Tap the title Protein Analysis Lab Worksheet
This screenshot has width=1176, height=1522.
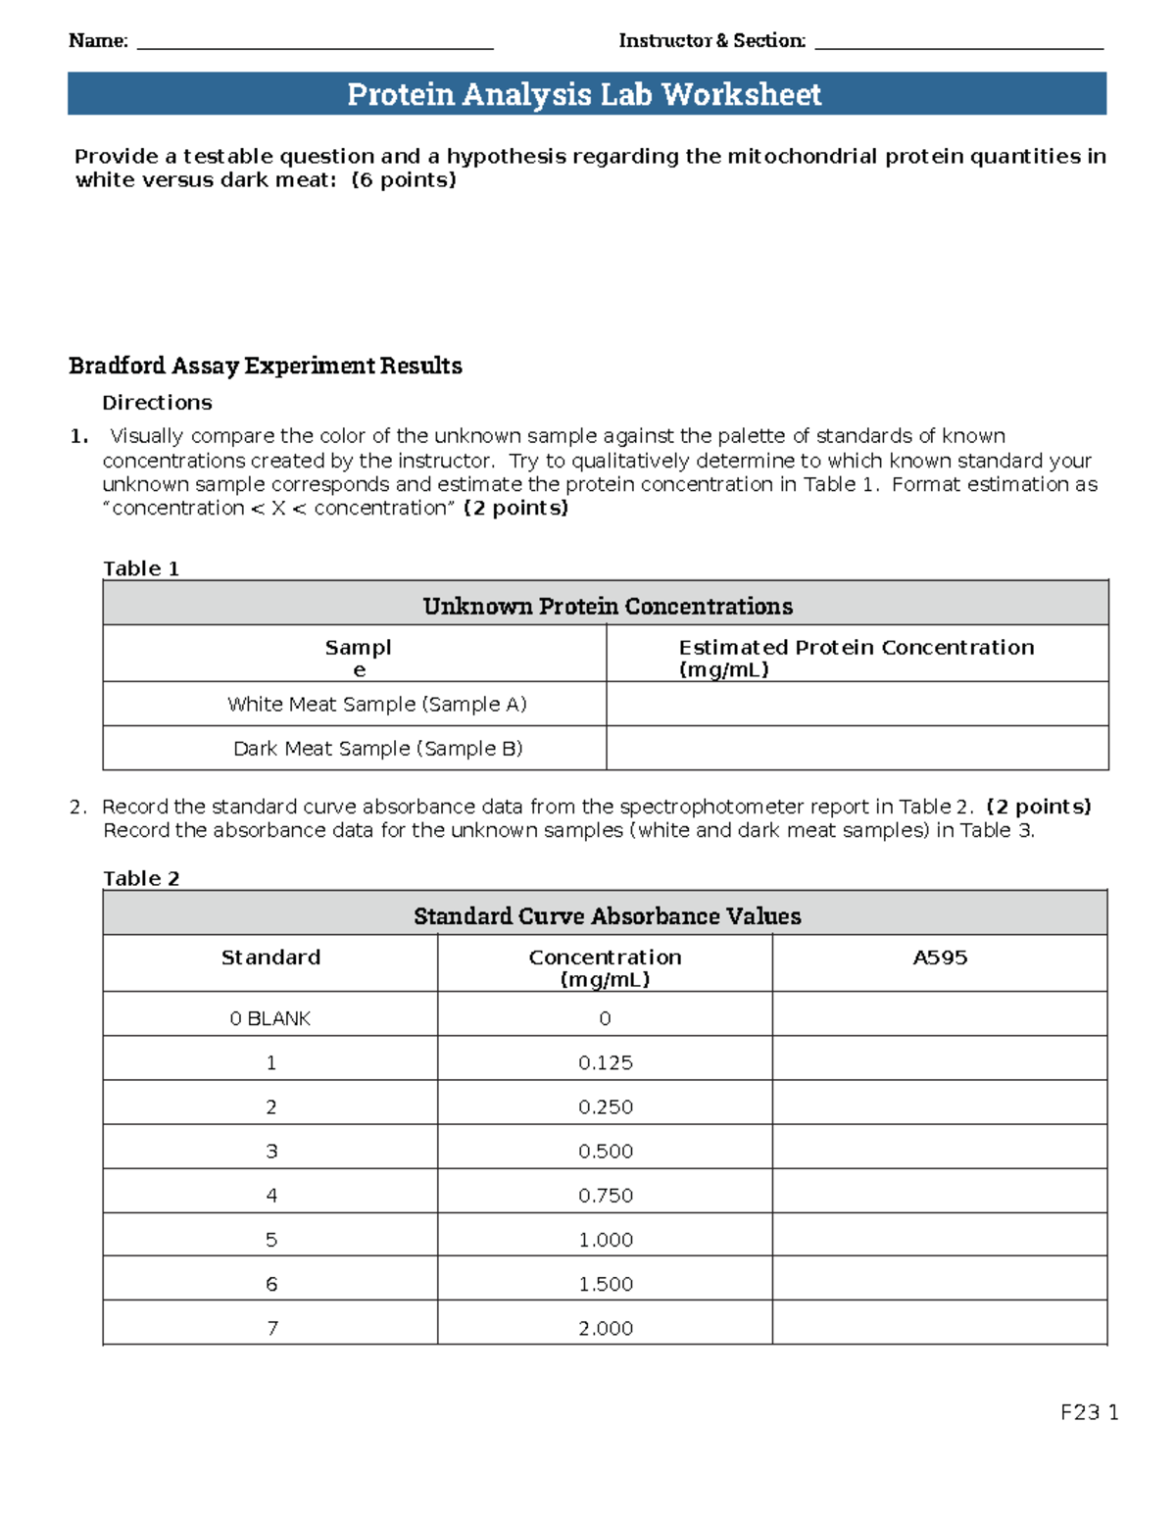coord(585,94)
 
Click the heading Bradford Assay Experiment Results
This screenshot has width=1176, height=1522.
coord(265,366)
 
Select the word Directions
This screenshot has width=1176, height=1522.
coord(157,403)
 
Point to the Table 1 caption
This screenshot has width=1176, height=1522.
coord(141,568)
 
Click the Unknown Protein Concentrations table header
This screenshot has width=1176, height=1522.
coord(607,606)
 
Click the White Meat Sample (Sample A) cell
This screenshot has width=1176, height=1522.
coord(377,704)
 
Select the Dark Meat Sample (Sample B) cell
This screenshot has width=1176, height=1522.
coord(377,748)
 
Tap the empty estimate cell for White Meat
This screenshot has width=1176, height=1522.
coord(857,704)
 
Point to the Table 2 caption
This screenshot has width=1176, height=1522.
coord(141,878)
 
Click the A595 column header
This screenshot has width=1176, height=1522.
coord(940,957)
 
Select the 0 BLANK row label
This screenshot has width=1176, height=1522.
coord(270,1018)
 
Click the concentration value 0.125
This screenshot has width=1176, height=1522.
coord(605,1062)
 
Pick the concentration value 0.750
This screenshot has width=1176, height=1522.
coord(605,1195)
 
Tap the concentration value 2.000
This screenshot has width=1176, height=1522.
coord(605,1328)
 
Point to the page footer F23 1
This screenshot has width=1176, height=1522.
coord(1089,1412)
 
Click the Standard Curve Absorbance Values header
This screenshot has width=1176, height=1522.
coord(607,915)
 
